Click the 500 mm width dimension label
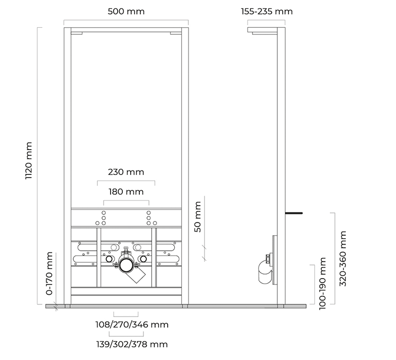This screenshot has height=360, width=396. [x=126, y=12]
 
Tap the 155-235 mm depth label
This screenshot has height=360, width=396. [x=267, y=12]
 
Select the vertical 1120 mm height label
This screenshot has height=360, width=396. [x=29, y=161]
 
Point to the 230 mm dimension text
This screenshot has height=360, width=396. [x=126, y=172]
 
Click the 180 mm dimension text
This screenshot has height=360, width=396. [x=126, y=192]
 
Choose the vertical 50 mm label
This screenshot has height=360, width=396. [x=198, y=216]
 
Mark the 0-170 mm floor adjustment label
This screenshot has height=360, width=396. [x=49, y=274]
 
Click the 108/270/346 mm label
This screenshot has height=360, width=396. [x=132, y=325]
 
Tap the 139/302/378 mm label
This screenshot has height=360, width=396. [x=132, y=344]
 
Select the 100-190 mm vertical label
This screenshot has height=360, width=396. [x=322, y=283]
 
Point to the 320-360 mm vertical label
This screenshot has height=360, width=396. [x=342, y=258]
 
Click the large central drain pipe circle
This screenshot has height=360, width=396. [x=126, y=265]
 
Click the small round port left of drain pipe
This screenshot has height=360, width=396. [x=109, y=259]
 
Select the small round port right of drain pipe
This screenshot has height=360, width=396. [x=143, y=259]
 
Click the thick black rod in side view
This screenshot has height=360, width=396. [x=294, y=213]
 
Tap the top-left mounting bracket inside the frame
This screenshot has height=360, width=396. [x=77, y=33]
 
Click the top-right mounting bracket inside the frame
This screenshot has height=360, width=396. [x=176, y=33]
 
